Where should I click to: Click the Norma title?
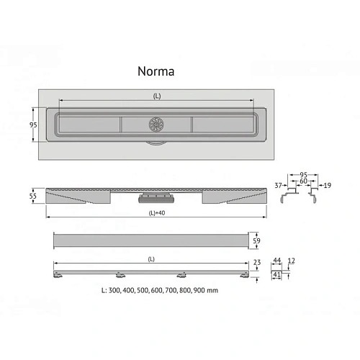tap(156, 71)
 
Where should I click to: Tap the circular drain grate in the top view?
tap(156, 125)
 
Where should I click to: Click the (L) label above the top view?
tap(157, 96)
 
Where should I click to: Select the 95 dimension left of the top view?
tap(33, 125)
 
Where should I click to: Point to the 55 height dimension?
tap(33, 196)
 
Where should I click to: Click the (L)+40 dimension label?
tap(157, 213)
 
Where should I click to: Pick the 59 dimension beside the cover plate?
tap(256, 240)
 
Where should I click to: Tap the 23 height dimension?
tap(257, 262)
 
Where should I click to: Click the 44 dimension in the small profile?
tap(277, 260)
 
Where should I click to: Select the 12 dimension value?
tap(291, 261)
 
